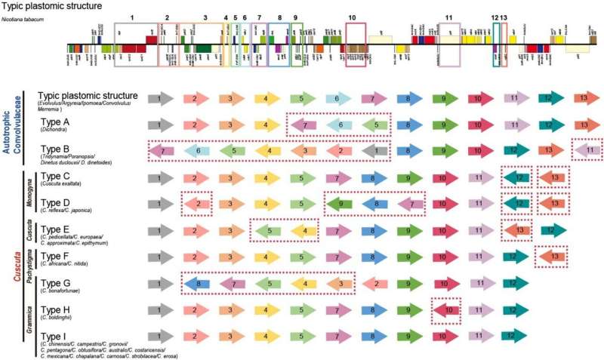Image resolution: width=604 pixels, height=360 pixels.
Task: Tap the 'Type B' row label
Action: click(55, 149)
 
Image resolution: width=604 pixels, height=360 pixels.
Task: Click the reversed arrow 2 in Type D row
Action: click(197, 204)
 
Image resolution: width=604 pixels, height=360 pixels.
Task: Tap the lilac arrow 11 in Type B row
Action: click(587, 151)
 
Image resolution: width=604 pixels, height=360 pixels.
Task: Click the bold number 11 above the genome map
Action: click(448, 17)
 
